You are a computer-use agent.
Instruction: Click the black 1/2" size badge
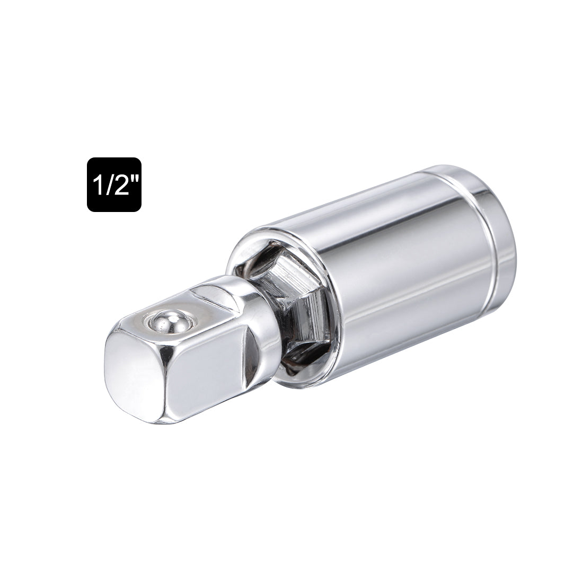[114, 185]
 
